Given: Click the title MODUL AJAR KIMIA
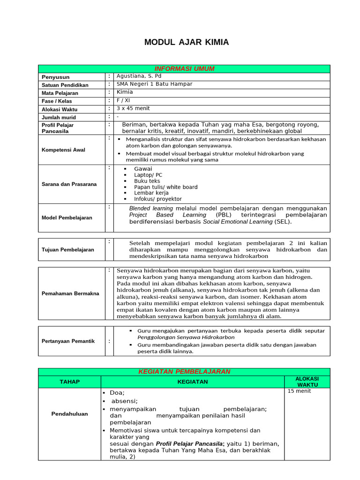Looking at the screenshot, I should point(187,43).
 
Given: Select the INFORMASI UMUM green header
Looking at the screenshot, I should point(184,69).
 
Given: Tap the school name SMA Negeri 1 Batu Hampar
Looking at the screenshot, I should point(154,84).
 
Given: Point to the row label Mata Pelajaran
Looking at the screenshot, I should point(60,93).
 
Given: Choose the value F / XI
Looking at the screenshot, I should point(123,100).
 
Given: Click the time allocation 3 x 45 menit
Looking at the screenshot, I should point(133,108).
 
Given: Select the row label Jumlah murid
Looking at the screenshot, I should point(59,117).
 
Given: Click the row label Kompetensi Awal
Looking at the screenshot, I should point(63,150).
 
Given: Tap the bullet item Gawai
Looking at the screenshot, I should point(143,169).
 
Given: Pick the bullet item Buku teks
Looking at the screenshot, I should point(147,181).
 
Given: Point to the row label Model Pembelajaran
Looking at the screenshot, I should point(67,218).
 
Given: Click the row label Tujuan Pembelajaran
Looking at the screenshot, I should point(68,250).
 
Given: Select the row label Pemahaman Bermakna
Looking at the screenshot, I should point(70,293).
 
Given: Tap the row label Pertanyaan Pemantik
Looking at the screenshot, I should point(68,341).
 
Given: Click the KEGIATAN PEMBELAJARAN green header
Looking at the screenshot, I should point(184,372).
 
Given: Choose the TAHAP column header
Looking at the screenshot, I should point(69,382).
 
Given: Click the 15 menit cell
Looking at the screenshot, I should point(299,391).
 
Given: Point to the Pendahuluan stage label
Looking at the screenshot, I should point(69,414).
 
